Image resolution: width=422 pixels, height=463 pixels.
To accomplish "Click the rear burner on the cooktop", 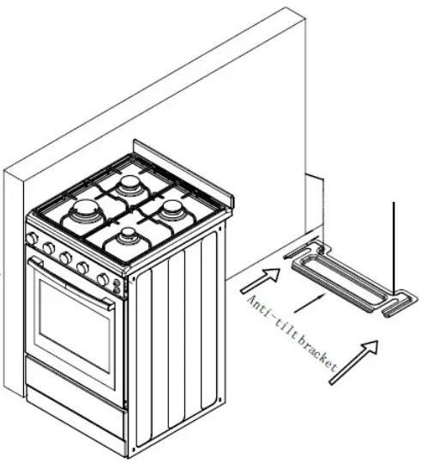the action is pos(129,186).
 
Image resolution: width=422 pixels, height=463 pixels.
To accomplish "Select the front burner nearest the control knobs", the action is pos(128,237).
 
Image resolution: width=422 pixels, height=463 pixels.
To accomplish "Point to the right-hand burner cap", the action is pos(170,210).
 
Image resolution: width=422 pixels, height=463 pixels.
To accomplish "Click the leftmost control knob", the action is pos(32,238).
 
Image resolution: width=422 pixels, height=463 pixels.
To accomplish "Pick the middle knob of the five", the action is pos(66,258).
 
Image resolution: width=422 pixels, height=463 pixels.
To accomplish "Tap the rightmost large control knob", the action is pos(103,278).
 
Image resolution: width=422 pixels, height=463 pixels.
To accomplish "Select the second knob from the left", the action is pos(49,247).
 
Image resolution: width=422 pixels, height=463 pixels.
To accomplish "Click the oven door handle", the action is pos(71,283).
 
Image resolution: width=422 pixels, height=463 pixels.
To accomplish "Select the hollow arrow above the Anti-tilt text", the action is pos(261,281).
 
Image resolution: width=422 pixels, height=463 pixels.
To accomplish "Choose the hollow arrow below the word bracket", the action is pos(353,362).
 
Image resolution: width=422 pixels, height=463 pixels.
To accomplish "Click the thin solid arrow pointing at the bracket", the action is pos(310,303).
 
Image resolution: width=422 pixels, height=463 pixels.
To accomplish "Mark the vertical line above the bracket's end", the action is pos(394,248).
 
